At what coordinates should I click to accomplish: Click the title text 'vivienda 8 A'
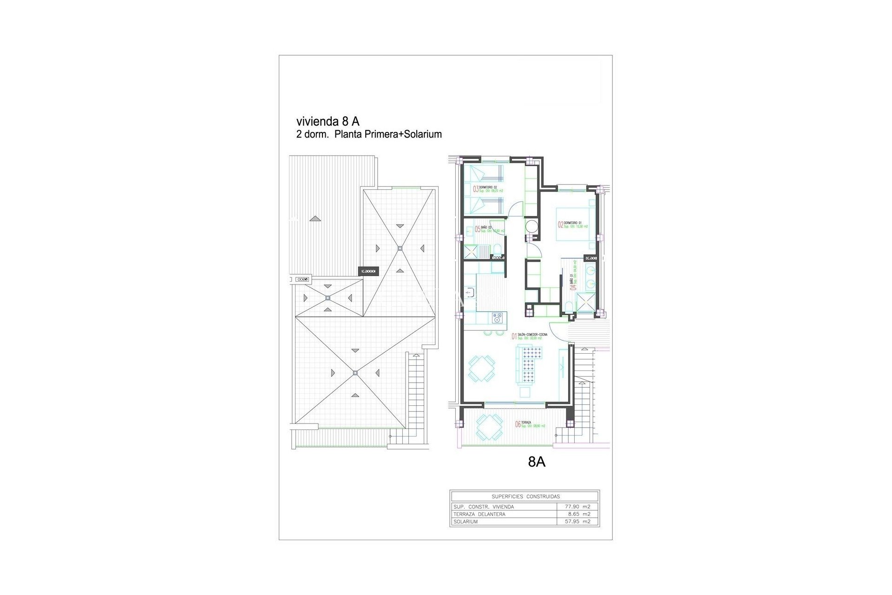pyautogui.click(x=328, y=121)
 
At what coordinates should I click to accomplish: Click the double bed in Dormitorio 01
pyautogui.click(x=575, y=224)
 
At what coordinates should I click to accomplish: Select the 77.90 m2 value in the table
pyautogui.click(x=578, y=507)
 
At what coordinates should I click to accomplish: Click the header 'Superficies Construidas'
pyautogui.click(x=525, y=496)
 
